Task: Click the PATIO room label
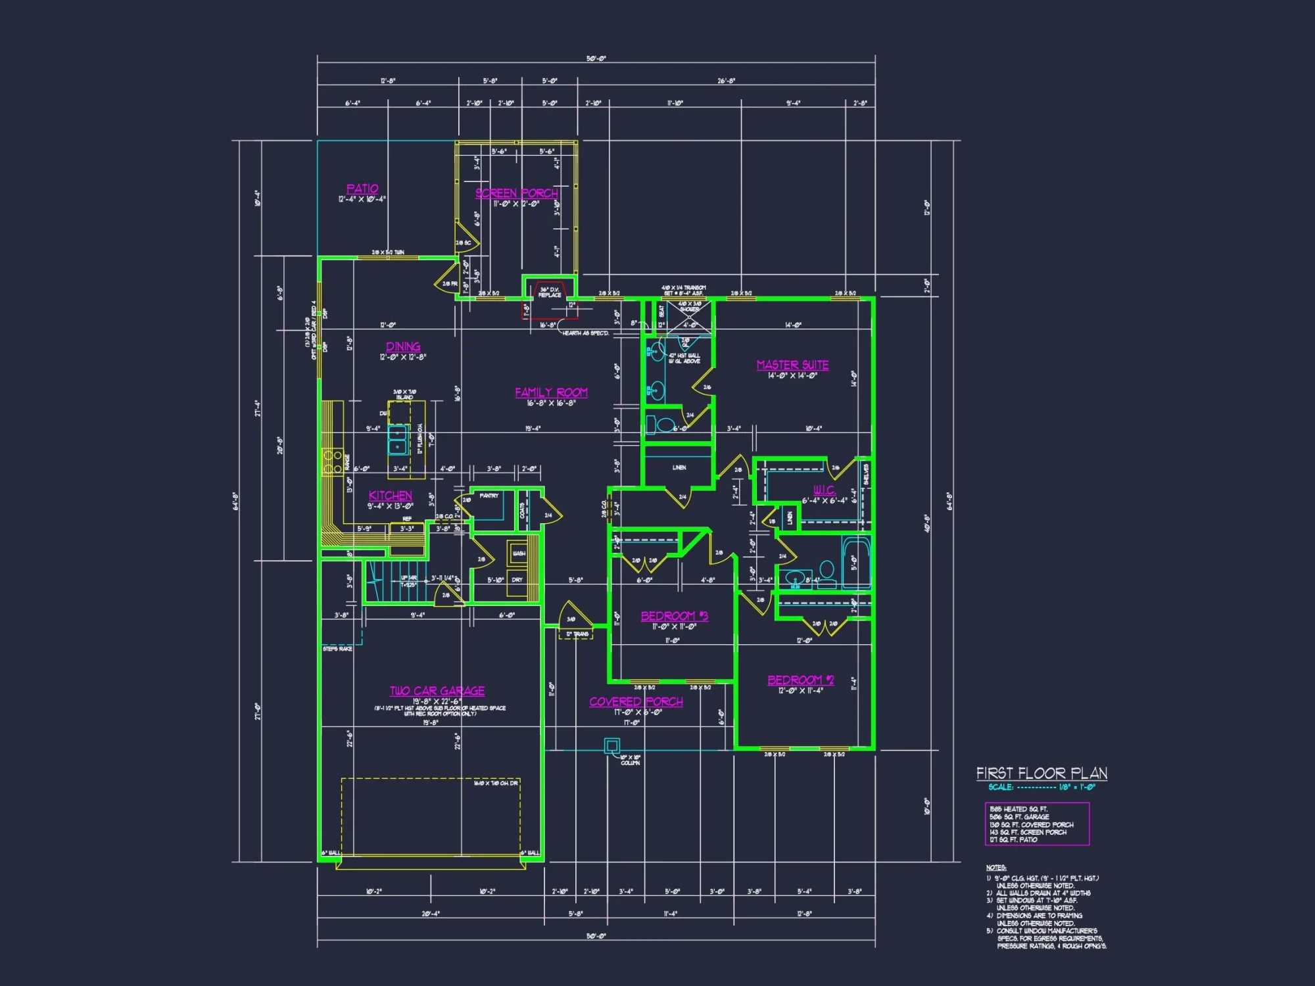pyautogui.click(x=362, y=189)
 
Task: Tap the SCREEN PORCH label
pyautogui.click(x=516, y=193)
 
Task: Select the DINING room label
pyautogui.click(x=403, y=346)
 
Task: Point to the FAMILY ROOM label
pyautogui.click(x=551, y=392)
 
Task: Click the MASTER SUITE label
pyautogui.click(x=792, y=365)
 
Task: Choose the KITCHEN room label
pyautogui.click(x=390, y=496)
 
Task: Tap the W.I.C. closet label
pyautogui.click(x=824, y=490)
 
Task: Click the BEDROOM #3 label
pyautogui.click(x=674, y=616)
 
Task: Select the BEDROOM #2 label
pyautogui.click(x=800, y=680)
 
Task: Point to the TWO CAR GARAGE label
pyautogui.click(x=437, y=691)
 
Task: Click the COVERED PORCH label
pyautogui.click(x=636, y=702)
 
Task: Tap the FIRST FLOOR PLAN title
pyautogui.click(x=1041, y=773)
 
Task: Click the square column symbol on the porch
pyautogui.click(x=611, y=745)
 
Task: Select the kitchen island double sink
pyautogui.click(x=397, y=440)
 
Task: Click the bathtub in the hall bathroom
pyautogui.click(x=856, y=562)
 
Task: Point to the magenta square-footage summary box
pyautogui.click(x=1037, y=824)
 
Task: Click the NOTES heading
pyautogui.click(x=995, y=868)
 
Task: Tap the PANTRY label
pyautogui.click(x=489, y=496)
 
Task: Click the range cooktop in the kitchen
pyautogui.click(x=332, y=461)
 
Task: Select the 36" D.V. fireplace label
pyautogui.click(x=550, y=292)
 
